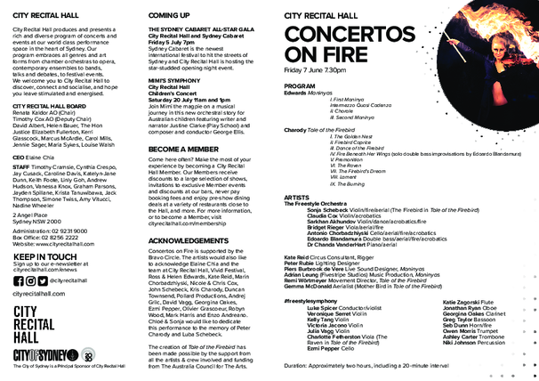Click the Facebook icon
[18, 280]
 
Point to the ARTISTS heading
[295, 197]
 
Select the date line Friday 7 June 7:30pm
[326, 69]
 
